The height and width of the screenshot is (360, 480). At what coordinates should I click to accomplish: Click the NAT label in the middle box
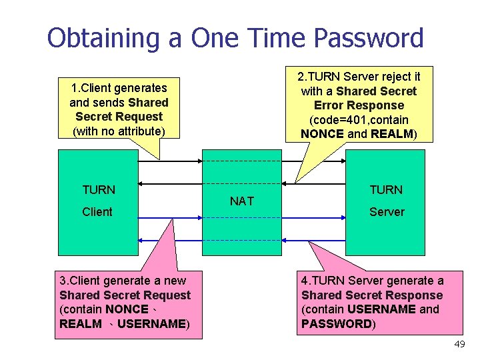[241, 201]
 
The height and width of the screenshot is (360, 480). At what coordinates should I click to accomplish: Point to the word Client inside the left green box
[97, 212]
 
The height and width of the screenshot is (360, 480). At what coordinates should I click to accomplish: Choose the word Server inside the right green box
[387, 212]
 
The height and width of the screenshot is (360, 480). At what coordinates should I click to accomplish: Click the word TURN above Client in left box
[99, 190]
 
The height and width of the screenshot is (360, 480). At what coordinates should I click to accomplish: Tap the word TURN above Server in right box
[387, 190]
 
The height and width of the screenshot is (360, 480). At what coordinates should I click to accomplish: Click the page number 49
[459, 345]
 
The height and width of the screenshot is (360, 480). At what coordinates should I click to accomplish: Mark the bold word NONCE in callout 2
[323, 134]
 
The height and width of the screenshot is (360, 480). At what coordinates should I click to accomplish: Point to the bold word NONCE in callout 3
[127, 309]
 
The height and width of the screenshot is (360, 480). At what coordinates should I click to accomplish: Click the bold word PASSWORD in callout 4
[337, 324]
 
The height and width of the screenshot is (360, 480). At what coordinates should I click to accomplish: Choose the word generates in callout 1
[140, 87]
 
